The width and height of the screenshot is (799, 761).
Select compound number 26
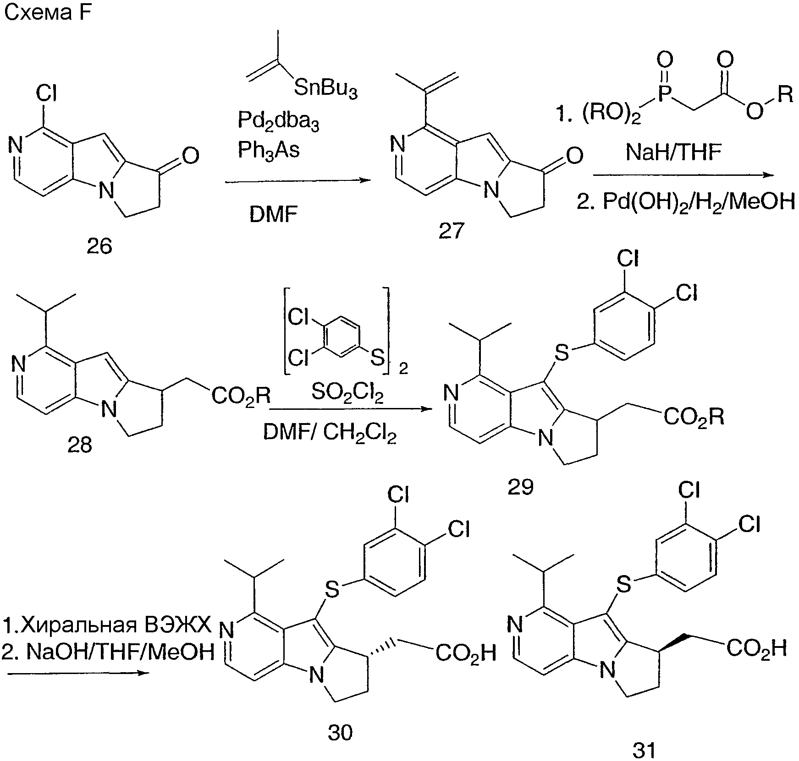[x=99, y=247]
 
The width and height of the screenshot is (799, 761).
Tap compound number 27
[x=452, y=231]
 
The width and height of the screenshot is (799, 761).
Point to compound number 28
[x=80, y=444]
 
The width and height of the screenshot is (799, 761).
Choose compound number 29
[x=521, y=487]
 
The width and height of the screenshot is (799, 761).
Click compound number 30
[x=341, y=733]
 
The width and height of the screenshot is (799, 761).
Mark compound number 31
[x=644, y=750]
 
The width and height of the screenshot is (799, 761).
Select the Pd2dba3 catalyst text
[x=278, y=121]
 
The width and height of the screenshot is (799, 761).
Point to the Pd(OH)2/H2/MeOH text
[x=685, y=201]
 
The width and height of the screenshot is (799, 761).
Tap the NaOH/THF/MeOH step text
[x=108, y=652]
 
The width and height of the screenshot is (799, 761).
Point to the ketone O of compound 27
[x=574, y=156]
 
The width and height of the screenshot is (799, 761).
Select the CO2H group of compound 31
[x=756, y=648]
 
